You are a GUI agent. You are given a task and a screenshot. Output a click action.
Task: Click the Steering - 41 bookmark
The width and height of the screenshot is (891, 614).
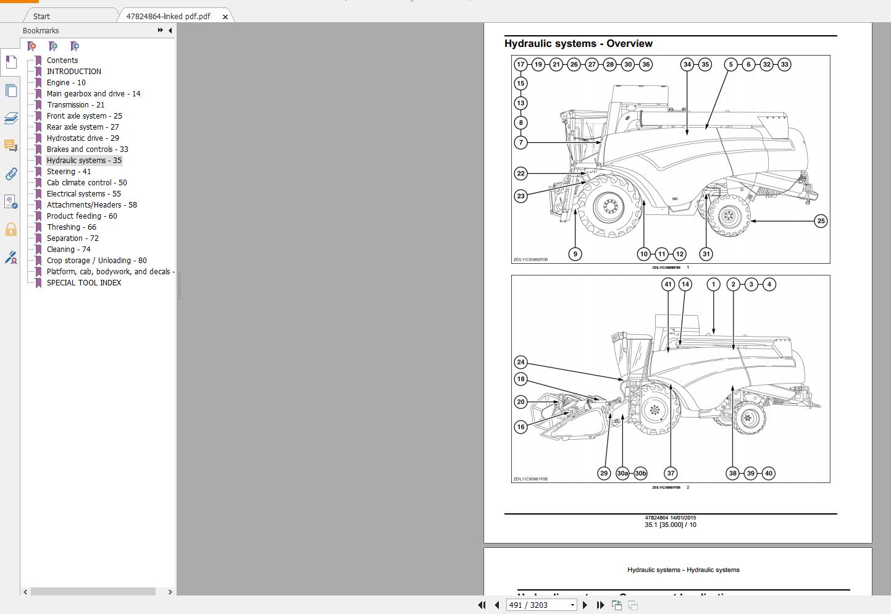click(69, 172)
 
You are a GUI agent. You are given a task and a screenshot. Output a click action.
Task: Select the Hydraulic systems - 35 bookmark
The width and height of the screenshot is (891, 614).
click(84, 161)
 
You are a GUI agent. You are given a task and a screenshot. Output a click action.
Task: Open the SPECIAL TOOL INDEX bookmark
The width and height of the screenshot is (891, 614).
click(84, 283)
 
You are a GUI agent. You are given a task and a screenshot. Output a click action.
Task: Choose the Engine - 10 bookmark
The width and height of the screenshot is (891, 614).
click(66, 83)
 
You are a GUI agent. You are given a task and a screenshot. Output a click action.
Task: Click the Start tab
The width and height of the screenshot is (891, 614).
click(42, 17)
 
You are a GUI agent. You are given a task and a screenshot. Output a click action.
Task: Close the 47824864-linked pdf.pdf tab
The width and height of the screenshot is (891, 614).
click(225, 17)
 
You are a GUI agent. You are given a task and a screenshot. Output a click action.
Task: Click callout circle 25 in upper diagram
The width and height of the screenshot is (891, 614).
click(821, 221)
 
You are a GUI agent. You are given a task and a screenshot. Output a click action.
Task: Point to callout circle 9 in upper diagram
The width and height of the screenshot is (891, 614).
click(575, 254)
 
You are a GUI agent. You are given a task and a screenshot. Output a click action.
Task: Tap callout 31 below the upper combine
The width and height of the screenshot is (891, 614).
click(706, 254)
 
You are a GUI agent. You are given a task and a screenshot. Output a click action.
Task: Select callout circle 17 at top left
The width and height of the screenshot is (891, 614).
click(521, 64)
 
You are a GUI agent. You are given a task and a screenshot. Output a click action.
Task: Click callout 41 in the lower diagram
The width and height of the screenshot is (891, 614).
click(667, 284)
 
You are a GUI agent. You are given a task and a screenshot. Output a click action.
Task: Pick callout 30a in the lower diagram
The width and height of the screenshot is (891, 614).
click(622, 473)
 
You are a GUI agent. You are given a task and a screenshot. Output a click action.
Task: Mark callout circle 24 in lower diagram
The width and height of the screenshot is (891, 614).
click(521, 362)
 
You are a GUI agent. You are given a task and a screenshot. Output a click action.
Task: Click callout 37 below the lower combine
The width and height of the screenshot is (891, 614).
click(671, 473)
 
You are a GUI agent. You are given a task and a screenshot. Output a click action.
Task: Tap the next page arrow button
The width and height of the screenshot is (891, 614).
click(585, 605)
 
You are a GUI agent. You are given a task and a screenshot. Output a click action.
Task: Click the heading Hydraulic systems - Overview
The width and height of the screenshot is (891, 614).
click(578, 44)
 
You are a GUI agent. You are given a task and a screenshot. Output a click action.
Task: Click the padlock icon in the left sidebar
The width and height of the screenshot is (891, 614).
click(11, 230)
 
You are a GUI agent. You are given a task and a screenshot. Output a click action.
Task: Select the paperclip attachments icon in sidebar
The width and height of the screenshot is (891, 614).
click(11, 174)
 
